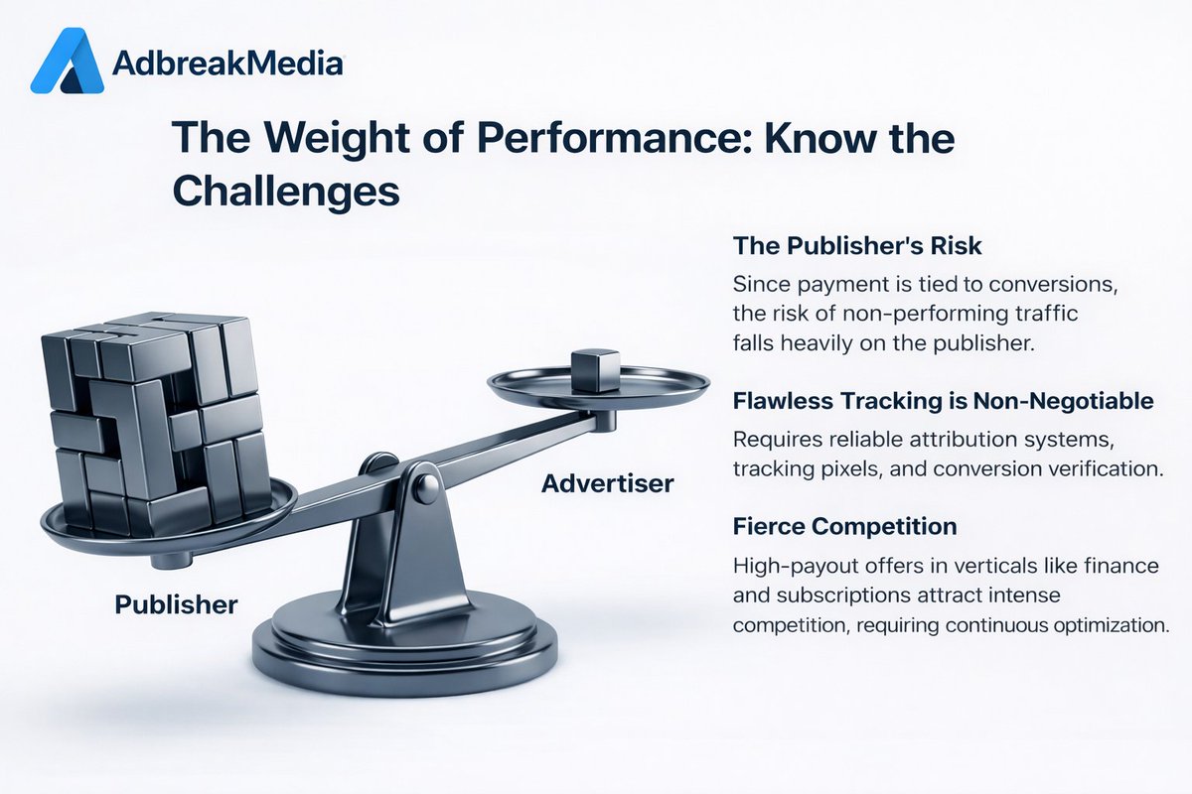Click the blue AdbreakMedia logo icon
click(x=67, y=62)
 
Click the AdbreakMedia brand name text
click(x=227, y=65)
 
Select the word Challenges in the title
click(x=285, y=193)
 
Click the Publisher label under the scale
click(x=176, y=603)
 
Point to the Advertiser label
click(x=607, y=484)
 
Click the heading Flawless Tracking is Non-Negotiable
click(x=943, y=401)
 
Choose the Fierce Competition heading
click(x=844, y=525)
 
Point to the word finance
click(x=1120, y=567)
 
